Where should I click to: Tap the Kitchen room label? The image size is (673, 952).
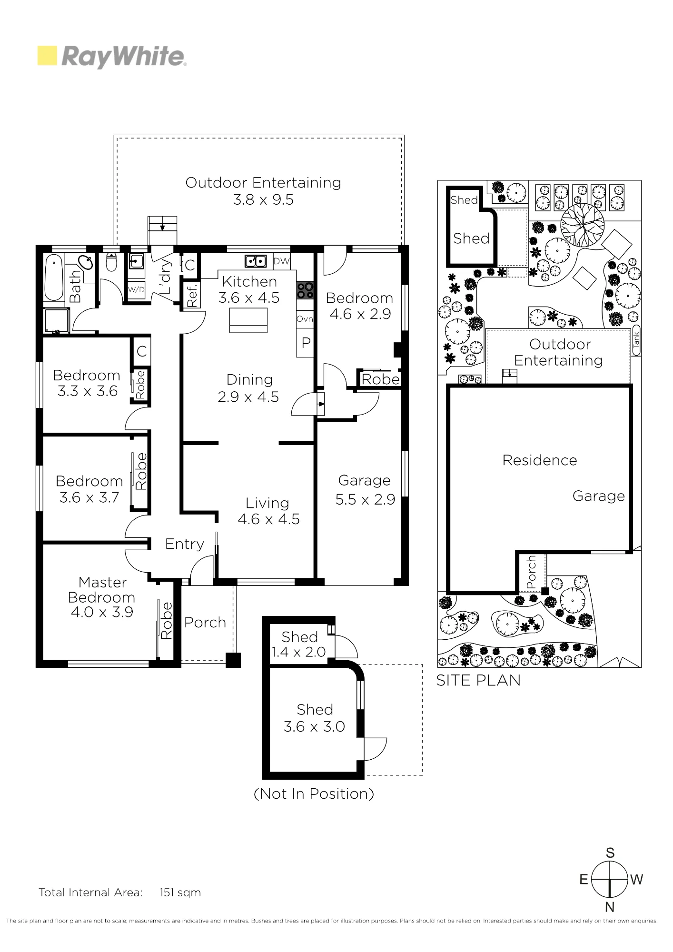(249, 282)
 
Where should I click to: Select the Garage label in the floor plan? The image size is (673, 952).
(364, 480)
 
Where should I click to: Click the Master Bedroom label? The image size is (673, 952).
(102, 590)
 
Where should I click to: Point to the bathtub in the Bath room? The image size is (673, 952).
(53, 277)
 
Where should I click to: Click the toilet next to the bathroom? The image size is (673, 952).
(111, 262)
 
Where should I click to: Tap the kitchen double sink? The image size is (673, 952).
(256, 261)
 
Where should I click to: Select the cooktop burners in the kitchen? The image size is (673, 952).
(305, 290)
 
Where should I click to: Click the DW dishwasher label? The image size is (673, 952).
(281, 261)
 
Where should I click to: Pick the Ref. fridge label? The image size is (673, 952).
(192, 295)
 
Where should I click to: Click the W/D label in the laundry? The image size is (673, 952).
(136, 289)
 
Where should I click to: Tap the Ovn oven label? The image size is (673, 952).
(305, 319)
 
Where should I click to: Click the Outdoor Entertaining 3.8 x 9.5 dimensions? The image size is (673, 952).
(263, 199)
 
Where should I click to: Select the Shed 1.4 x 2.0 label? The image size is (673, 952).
(299, 644)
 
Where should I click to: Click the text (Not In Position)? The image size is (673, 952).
(314, 793)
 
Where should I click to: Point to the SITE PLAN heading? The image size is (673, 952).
(478, 680)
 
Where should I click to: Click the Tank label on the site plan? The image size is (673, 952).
(636, 340)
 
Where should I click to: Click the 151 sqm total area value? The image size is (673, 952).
(180, 892)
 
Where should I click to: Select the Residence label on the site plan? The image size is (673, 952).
(540, 460)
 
